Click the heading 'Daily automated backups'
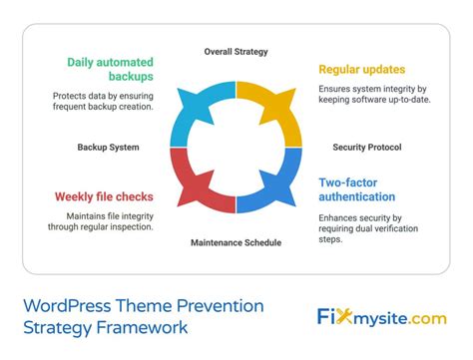(110, 70)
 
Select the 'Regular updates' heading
(361, 70)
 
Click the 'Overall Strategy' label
(236, 51)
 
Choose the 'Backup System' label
(109, 147)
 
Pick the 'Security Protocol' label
(367, 147)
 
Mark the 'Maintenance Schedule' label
(236, 242)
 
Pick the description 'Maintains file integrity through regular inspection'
(102, 220)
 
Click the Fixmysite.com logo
(383, 318)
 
